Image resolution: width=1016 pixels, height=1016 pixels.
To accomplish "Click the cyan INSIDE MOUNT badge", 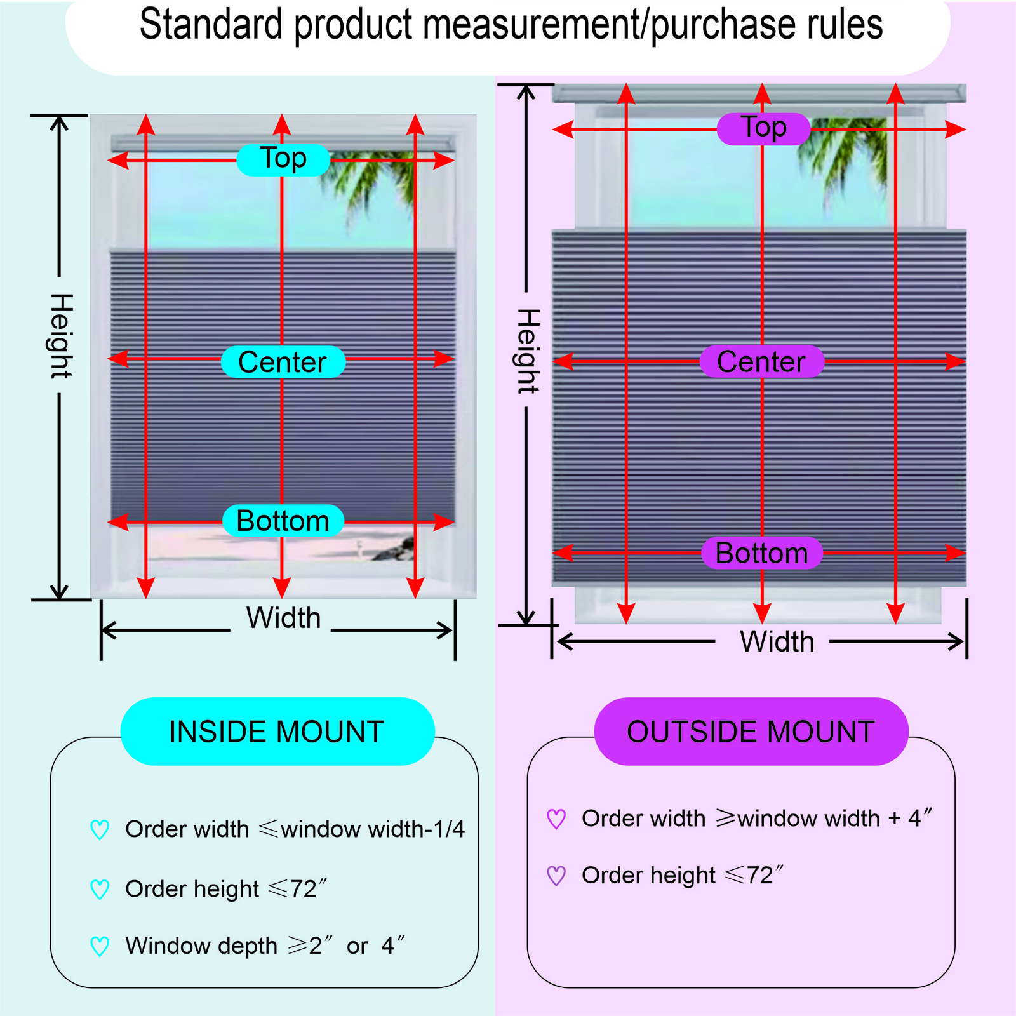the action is pos(277,731).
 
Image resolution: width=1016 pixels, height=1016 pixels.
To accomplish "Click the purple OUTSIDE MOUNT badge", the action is pos(751,731).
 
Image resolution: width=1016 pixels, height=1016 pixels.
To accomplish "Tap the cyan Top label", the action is pos(283,159).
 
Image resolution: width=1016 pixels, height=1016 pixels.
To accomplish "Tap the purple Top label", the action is pos(763,129).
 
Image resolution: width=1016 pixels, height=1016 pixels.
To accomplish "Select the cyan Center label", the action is pos(283,362).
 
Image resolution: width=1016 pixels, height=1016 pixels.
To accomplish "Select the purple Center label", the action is pos(762,362).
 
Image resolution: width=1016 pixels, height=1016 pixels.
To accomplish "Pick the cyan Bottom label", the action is pos(283,521).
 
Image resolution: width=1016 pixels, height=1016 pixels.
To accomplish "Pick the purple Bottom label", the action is pos(762,553).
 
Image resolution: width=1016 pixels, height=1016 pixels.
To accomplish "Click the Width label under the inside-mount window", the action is pos(283,618).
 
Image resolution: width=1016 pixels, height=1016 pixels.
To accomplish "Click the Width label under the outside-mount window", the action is pos(777,641).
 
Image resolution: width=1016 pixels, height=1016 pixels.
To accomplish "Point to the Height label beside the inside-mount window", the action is pos(61,336).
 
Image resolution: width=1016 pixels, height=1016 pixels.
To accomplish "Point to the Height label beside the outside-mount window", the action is pos(528,351).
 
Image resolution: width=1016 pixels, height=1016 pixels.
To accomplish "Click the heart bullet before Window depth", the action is pos(100,946).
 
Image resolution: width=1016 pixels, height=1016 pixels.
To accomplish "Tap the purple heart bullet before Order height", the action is pos(556,876).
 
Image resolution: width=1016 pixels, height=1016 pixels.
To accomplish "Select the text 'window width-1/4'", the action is pos(373,829).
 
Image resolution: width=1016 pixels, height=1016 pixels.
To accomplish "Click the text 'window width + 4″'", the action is pos(835,818).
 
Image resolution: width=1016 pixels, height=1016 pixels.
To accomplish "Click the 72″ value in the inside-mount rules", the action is pos(309,888).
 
